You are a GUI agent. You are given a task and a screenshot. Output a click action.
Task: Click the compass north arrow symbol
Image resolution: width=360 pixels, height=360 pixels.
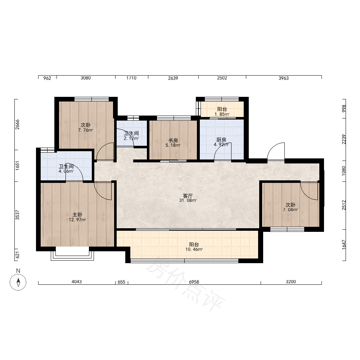18,282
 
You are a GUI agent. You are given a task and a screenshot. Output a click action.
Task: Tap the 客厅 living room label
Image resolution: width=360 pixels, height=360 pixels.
188,195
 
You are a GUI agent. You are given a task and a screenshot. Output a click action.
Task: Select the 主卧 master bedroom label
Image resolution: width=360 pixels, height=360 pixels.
77,215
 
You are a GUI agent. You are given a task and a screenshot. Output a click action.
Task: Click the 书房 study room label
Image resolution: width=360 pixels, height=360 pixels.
173,140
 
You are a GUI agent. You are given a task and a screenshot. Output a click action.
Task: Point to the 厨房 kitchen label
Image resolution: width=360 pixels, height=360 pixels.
221,140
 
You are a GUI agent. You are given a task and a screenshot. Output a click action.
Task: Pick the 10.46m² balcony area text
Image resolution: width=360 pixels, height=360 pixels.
194,249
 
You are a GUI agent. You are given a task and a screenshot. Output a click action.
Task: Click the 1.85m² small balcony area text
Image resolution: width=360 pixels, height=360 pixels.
222,114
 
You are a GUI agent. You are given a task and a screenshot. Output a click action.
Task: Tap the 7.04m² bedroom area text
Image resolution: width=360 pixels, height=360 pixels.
291,210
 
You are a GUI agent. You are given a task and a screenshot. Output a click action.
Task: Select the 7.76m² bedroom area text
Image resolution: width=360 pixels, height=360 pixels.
86,130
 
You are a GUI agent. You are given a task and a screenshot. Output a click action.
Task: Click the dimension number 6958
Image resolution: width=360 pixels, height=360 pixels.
194,282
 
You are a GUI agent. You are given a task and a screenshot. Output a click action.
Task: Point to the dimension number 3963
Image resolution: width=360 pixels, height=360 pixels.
284,78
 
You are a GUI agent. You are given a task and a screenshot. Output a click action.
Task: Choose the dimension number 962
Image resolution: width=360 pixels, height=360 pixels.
47,78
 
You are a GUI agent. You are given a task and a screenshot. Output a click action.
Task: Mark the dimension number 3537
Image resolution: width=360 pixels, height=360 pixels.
17,215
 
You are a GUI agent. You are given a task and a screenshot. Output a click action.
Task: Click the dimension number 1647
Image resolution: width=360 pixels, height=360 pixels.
344,244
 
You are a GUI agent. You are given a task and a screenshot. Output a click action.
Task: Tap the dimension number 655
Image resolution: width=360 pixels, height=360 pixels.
121,282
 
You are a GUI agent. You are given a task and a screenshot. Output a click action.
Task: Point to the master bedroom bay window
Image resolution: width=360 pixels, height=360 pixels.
72,254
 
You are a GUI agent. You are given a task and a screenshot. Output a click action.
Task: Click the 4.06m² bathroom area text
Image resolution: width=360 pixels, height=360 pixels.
66,171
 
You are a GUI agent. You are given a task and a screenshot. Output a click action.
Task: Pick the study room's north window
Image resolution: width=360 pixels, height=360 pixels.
174,118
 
